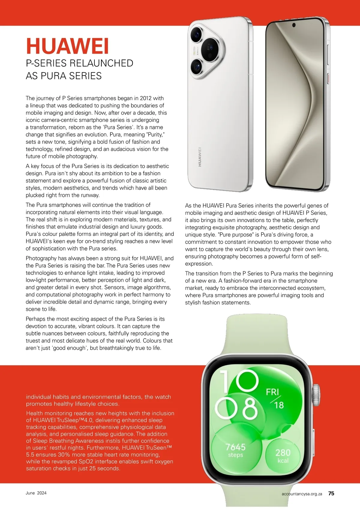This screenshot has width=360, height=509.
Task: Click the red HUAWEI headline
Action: coord(67,46)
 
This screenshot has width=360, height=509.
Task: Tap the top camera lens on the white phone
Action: coord(197,34)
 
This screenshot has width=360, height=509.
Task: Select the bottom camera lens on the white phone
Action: coord(197,67)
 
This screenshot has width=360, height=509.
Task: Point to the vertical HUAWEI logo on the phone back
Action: coord(199,157)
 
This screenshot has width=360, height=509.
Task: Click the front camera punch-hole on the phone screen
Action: coord(294,25)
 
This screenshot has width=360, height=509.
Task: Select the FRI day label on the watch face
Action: coord(272,392)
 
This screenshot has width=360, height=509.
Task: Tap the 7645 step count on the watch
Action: coord(235,447)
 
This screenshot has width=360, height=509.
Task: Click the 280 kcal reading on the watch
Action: coord(283,453)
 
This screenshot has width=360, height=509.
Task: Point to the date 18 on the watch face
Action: coord(279,405)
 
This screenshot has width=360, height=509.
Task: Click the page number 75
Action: coord(331,493)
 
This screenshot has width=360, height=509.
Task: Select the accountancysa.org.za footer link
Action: coord(302,494)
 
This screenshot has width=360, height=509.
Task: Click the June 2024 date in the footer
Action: coord(36,493)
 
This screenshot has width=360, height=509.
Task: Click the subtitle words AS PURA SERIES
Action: coord(64,76)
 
